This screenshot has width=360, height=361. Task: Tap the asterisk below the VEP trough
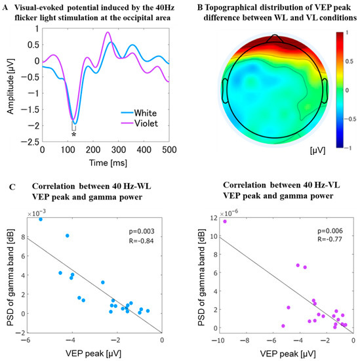(74, 135)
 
